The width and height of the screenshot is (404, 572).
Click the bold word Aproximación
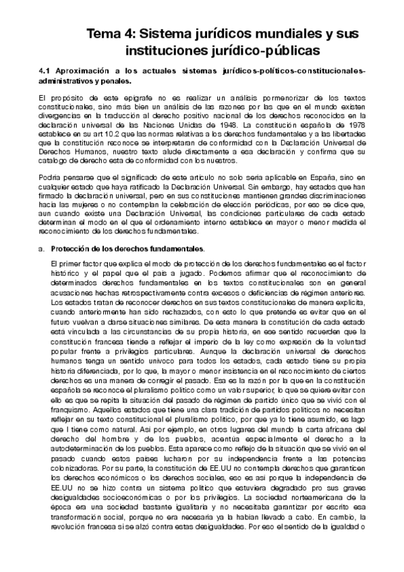click(x=84, y=71)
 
